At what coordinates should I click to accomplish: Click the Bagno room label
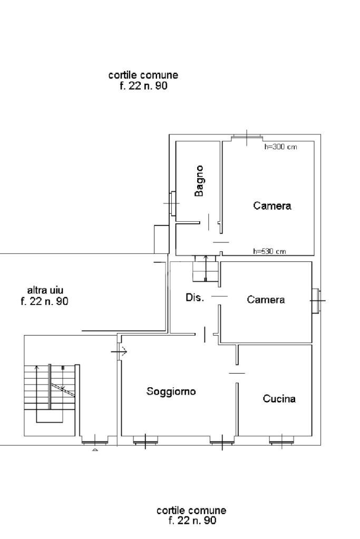coord(199,181)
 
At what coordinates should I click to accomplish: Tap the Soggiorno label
coord(171,391)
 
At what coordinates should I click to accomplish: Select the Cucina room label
coord(279,399)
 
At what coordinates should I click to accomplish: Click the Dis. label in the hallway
coord(194,298)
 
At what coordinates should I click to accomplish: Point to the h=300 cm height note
coord(280,147)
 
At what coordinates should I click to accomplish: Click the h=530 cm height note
coord(269,251)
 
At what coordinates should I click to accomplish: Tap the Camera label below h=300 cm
coord(272,205)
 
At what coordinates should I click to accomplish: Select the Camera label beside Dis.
coord(266,300)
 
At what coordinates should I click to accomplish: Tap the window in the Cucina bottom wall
coord(281,440)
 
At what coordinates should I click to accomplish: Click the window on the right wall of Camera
coord(315,301)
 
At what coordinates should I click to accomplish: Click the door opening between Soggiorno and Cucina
coord(237,373)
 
